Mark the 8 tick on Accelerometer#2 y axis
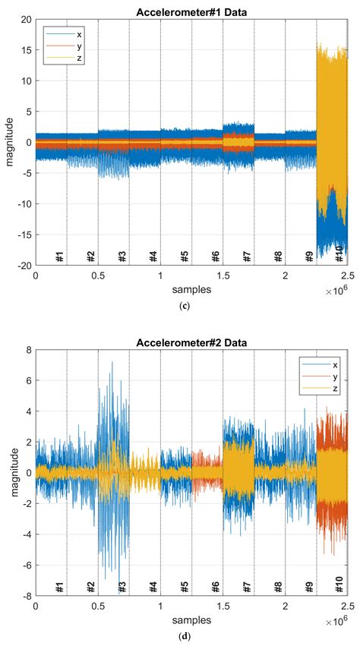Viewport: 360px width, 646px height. [x=27, y=351]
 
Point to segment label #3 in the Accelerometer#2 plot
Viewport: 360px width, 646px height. [x=122, y=588]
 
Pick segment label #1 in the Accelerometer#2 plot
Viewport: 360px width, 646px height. [x=60, y=588]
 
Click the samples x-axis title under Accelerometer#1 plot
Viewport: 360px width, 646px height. [x=191, y=289]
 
